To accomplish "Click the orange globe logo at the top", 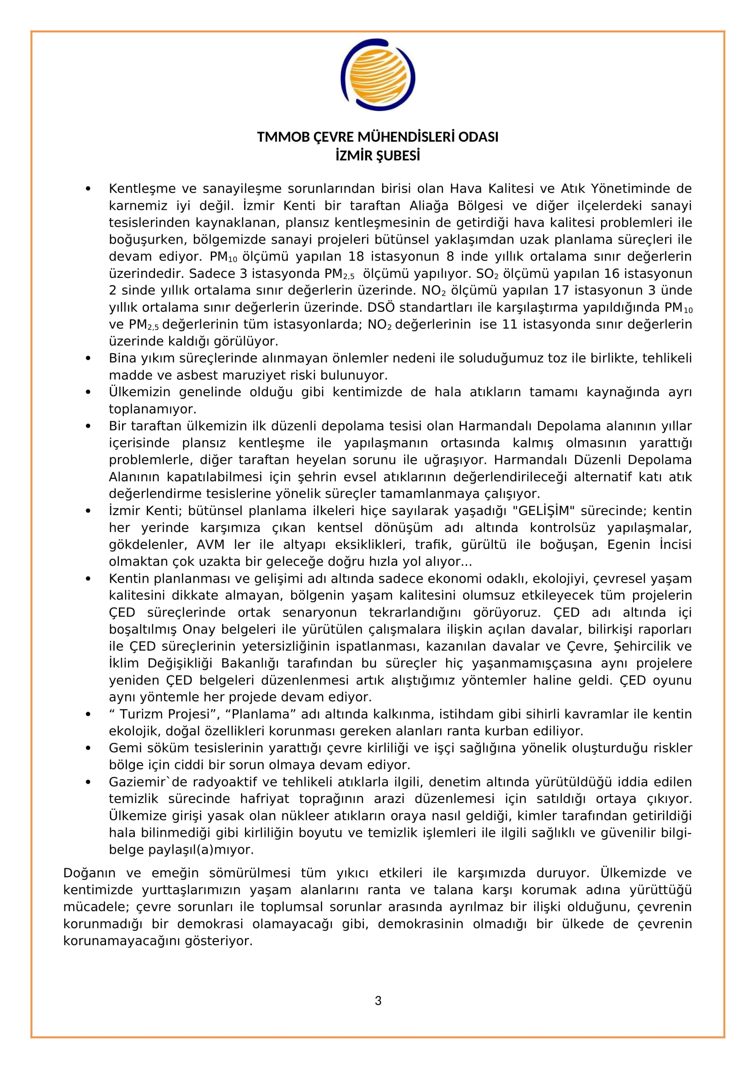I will (x=378, y=75).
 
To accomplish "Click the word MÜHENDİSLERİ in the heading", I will (x=405, y=137).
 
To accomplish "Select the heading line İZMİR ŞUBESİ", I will (x=378, y=155).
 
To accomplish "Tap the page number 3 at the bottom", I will (x=378, y=1000).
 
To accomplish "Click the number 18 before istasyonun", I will (x=356, y=256).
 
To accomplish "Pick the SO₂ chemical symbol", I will (x=487, y=274).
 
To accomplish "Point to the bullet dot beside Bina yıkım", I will (x=88, y=358).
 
